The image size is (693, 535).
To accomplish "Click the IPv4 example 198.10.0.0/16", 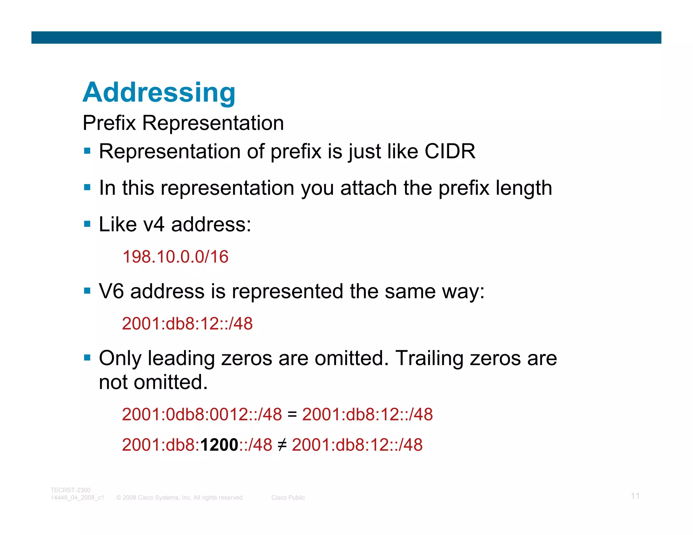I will click(x=175, y=257).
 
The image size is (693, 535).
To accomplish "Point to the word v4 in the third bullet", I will click(x=154, y=224).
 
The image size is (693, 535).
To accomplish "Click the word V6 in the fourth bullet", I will click(x=111, y=291).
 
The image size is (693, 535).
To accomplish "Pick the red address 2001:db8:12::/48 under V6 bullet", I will click(x=187, y=324).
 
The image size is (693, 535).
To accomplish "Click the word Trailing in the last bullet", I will click(x=429, y=358).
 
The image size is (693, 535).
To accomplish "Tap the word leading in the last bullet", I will click(x=181, y=359).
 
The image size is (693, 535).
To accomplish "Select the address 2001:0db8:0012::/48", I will click(x=202, y=414).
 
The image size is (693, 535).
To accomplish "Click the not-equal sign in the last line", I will click(x=282, y=445).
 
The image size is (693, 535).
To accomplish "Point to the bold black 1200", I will click(x=219, y=445).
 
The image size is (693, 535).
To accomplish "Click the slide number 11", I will click(x=635, y=496).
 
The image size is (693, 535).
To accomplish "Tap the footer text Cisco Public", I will click(x=288, y=497).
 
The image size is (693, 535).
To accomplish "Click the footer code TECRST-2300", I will click(x=70, y=490).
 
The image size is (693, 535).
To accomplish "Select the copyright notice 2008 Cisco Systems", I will click(x=180, y=497).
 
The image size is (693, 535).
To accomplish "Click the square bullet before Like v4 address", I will click(x=87, y=224).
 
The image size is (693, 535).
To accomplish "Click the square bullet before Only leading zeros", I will click(x=87, y=358).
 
